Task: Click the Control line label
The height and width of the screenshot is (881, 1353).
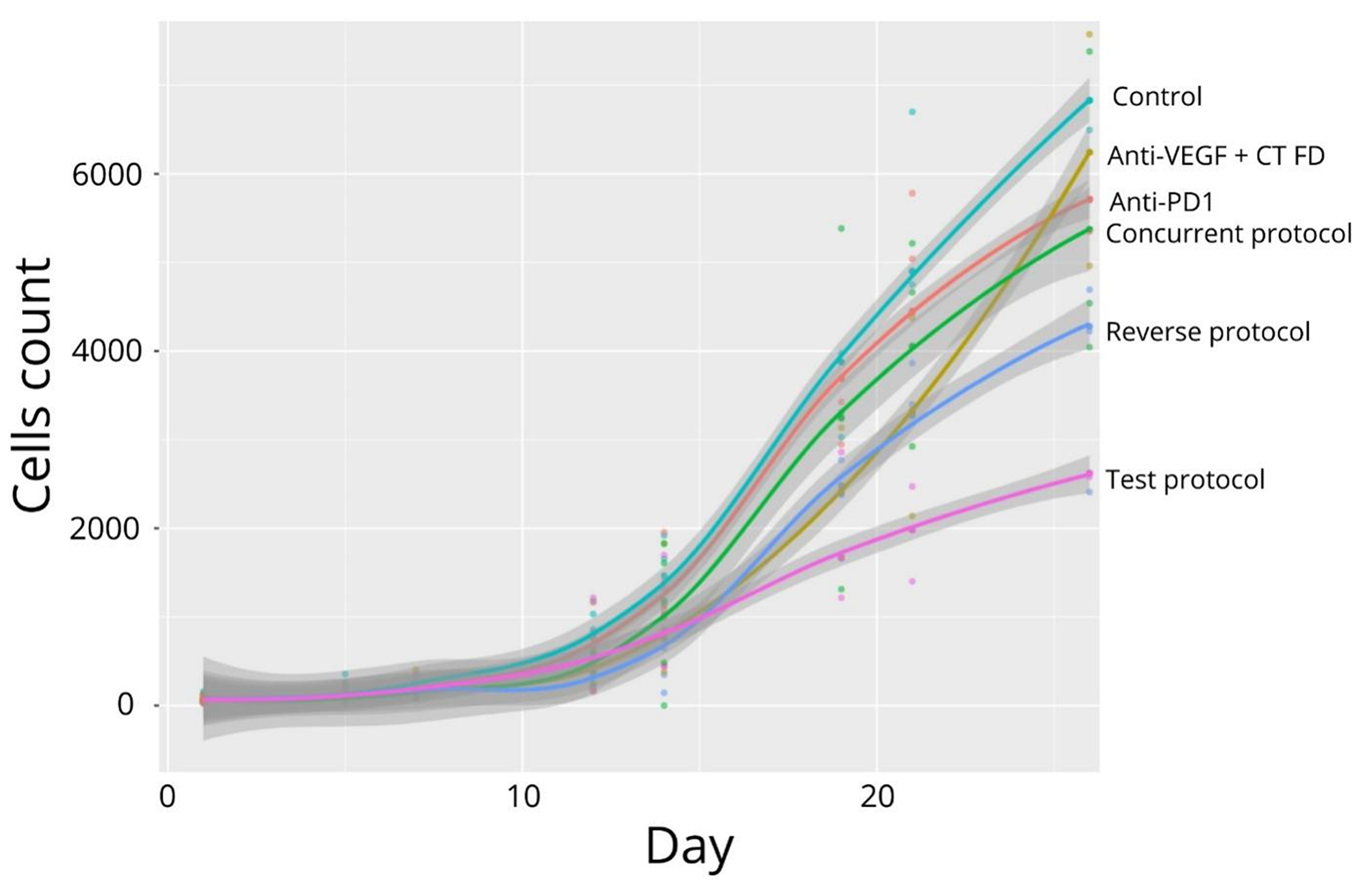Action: tap(1156, 96)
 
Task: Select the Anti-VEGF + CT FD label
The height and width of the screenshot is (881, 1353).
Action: tap(1215, 156)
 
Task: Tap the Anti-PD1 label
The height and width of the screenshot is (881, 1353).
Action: tap(1161, 202)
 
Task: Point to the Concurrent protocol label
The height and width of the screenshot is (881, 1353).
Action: tap(1228, 234)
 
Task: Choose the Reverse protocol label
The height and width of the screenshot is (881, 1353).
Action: tap(1208, 332)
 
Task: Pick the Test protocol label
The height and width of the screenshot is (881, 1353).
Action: tap(1185, 480)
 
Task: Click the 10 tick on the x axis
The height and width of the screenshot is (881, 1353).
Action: tap(522, 796)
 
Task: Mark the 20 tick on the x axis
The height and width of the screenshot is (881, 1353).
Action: tap(876, 796)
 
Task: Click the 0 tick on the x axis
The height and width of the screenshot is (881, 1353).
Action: tap(167, 796)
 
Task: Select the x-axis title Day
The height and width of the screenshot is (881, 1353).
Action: tap(688, 847)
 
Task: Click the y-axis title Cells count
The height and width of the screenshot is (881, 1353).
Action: tap(33, 385)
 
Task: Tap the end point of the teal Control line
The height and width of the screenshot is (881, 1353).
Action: tap(1089, 101)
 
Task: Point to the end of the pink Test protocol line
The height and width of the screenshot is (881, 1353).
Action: tap(1089, 474)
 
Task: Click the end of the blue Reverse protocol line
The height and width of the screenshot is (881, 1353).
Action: tap(1089, 326)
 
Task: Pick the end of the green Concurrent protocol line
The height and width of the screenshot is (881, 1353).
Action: tap(1089, 229)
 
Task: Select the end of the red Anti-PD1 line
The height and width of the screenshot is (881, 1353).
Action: tap(1089, 199)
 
